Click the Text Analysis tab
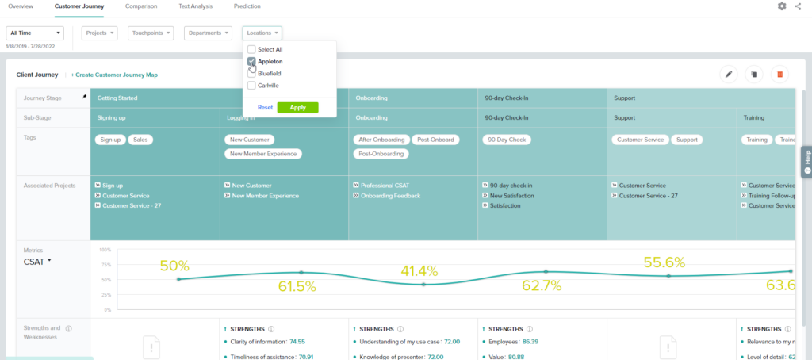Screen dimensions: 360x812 [x=195, y=6]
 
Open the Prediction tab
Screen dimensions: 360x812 [x=247, y=6]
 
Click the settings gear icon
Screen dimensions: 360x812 [x=782, y=6]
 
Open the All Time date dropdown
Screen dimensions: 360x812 [x=35, y=33]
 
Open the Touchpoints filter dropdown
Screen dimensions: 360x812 [x=151, y=33]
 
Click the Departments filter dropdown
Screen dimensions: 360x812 [x=208, y=33]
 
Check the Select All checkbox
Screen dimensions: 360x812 [x=251, y=49]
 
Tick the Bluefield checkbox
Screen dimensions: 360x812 [x=251, y=73]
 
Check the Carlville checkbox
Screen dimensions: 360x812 [x=251, y=85]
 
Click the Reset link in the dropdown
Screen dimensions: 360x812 [x=265, y=107]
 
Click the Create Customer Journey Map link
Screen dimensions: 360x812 [x=114, y=75]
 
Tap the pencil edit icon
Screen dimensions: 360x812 [x=729, y=75]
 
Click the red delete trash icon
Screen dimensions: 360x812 [x=779, y=75]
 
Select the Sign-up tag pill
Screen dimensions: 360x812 [x=109, y=140]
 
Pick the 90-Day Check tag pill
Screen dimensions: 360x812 [x=507, y=140]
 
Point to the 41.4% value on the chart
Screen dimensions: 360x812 [x=420, y=271]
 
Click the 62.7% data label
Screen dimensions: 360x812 [x=542, y=285]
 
